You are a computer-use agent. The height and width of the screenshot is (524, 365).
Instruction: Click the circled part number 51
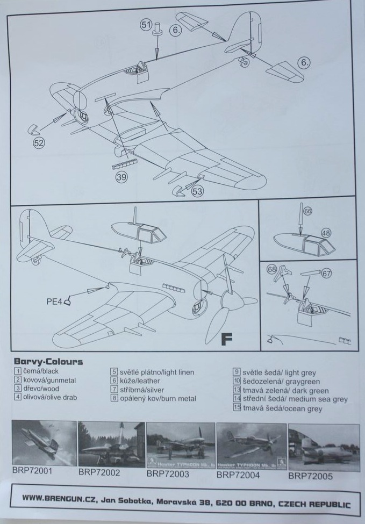[146, 24]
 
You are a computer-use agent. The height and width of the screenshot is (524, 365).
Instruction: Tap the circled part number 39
[121, 177]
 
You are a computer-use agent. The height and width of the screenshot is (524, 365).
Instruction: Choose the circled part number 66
[307, 211]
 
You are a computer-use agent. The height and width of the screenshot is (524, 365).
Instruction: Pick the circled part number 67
[326, 274]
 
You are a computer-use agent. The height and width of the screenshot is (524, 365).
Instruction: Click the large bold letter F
[227, 339]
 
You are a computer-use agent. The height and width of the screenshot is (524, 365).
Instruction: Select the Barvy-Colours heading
[48, 362]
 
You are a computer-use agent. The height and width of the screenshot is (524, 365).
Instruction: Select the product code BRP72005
[310, 476]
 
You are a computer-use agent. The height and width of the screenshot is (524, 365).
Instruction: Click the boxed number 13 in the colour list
[236, 390]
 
